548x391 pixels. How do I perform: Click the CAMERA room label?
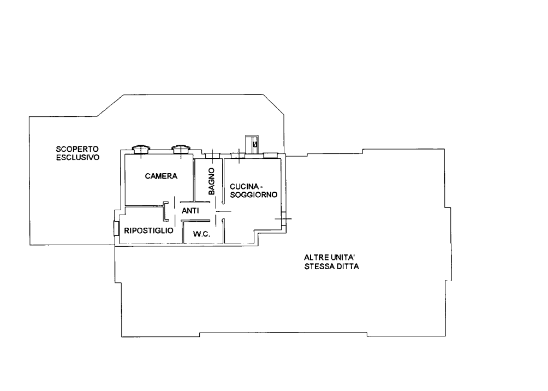pyautogui.click(x=161, y=176)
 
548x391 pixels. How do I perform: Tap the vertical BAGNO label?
pyautogui.click(x=211, y=181)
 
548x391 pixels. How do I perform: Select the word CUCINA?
pyautogui.click(x=244, y=187)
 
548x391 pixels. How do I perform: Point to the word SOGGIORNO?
pyautogui.click(x=254, y=195)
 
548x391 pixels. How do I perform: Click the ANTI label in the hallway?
pyautogui.click(x=190, y=211)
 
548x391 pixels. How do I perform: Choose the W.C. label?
pyautogui.click(x=201, y=234)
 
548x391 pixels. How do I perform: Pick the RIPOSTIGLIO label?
pyautogui.click(x=148, y=231)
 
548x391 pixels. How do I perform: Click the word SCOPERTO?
pyautogui.click(x=78, y=149)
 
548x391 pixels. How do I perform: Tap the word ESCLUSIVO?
pyautogui.click(x=78, y=157)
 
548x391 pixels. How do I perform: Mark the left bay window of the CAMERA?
pyautogui.click(x=141, y=149)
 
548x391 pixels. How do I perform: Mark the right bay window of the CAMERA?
pyautogui.click(x=181, y=149)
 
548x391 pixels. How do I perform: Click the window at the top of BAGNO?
pyautogui.click(x=212, y=156)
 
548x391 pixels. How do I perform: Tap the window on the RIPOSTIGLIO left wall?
pyautogui.click(x=116, y=228)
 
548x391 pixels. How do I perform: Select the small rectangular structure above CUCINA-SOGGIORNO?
pyautogui.click(x=252, y=144)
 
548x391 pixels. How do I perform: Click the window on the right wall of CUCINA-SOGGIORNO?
pyautogui.click(x=284, y=219)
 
